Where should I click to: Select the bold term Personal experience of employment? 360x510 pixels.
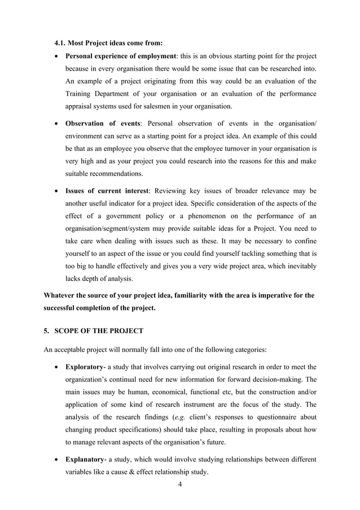121,56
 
